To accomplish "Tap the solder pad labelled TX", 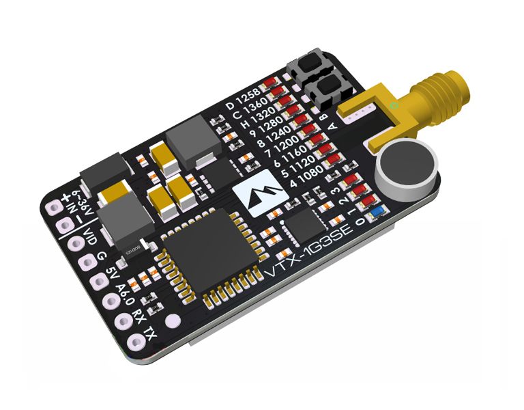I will pyautogui.click(x=172, y=320).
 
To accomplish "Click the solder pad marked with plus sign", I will pyautogui.click(x=54, y=205).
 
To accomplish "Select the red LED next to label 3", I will pyautogui.click(x=353, y=180).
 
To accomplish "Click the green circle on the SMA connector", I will pyautogui.click(x=394, y=105).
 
